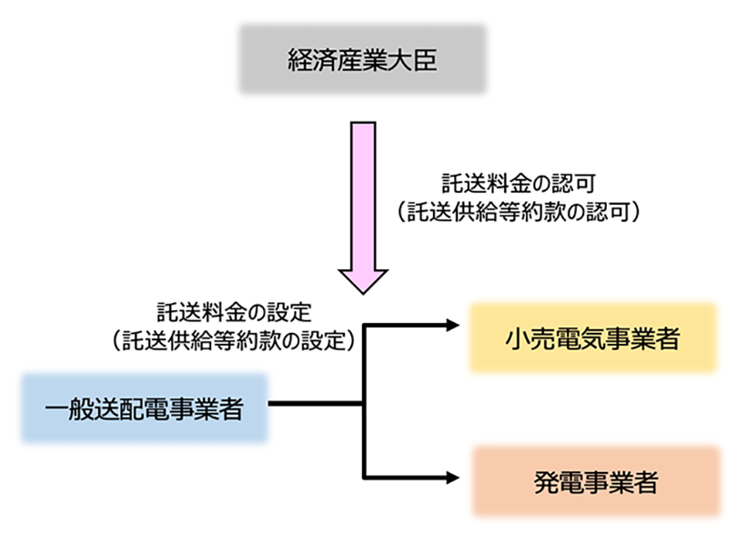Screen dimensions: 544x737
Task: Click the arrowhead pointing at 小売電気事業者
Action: (x=452, y=325)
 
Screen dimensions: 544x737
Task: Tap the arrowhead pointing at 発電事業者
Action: (x=452, y=477)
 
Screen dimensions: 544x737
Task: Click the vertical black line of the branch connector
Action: (x=364, y=400)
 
